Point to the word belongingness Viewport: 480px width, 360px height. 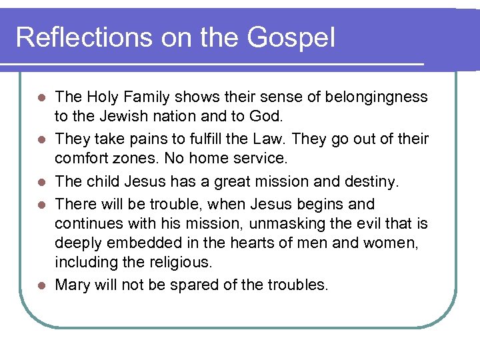(376, 97)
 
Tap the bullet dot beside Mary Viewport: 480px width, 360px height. (41, 285)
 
